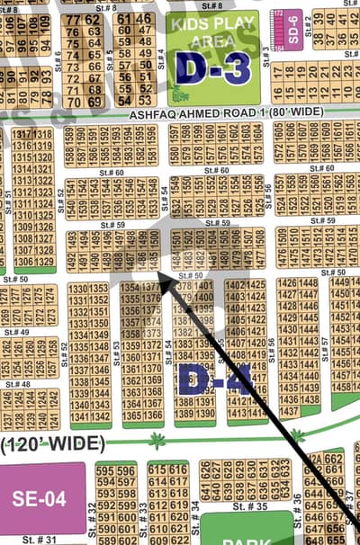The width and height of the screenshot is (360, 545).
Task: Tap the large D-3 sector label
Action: [x=212, y=67]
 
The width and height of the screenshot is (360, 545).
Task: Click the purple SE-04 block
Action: [x=40, y=497]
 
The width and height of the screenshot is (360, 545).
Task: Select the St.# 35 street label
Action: [x=245, y=506]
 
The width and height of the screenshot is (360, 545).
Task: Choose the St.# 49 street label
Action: [x=18, y=332]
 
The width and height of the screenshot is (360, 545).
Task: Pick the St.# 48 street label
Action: [x=18, y=384]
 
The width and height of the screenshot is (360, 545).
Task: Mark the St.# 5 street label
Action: [x=110, y=59]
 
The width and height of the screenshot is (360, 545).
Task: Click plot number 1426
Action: [x=286, y=282]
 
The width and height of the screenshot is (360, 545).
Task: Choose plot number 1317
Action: [x=19, y=134]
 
